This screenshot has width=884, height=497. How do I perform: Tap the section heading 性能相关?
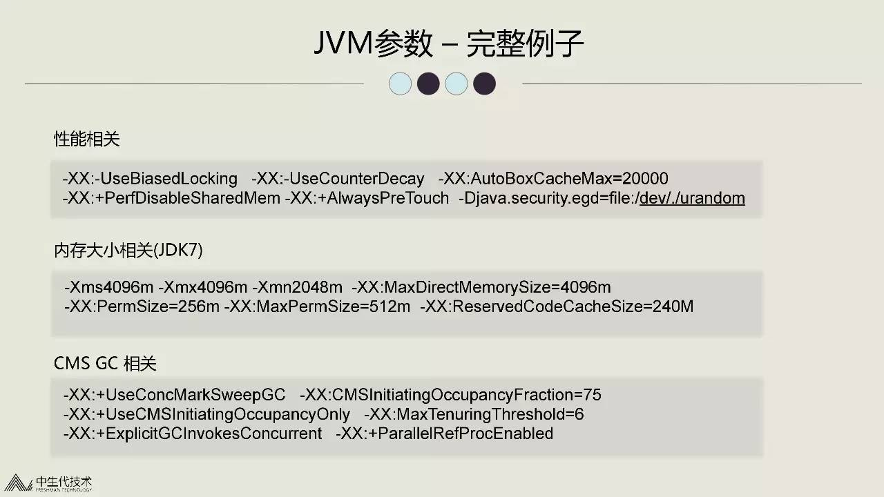tap(87, 139)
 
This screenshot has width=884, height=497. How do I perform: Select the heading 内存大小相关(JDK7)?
tap(128, 251)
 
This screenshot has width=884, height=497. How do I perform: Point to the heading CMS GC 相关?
tap(105, 363)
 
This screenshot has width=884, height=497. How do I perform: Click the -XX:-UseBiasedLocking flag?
tap(150, 179)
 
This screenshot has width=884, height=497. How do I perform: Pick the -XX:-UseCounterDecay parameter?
tap(338, 179)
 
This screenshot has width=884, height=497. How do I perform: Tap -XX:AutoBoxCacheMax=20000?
tap(553, 179)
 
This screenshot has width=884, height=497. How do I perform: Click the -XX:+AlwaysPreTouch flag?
tap(367, 199)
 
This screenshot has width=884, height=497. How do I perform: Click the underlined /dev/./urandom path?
tap(692, 199)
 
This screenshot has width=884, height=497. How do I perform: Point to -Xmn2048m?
tap(298, 287)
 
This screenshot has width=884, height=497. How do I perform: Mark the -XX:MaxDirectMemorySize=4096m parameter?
tap(481, 287)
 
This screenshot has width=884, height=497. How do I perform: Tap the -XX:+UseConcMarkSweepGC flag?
tap(174, 395)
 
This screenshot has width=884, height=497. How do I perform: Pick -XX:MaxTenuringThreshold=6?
tap(474, 414)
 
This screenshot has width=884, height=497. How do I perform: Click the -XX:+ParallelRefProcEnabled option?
tap(445, 433)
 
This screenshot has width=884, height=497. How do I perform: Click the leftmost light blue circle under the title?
tap(400, 84)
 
